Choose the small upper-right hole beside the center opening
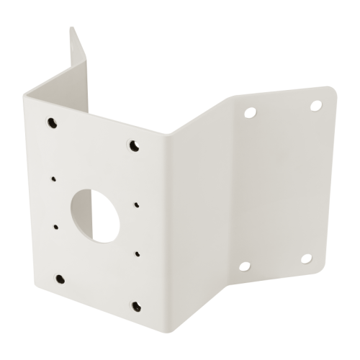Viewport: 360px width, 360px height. pos(136,205)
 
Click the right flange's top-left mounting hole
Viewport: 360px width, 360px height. pos(250,112)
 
